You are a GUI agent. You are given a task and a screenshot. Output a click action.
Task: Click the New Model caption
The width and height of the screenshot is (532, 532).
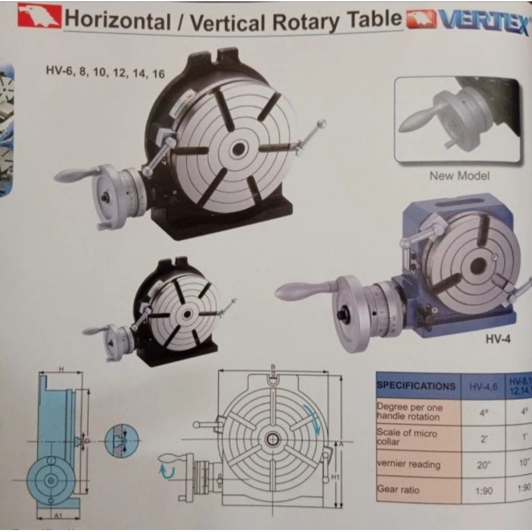coord(459,176)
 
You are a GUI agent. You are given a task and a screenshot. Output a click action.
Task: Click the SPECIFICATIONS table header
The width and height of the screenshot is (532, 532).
coord(417,386)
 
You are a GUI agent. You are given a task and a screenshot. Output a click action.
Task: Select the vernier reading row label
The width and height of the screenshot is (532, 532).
coord(408,463)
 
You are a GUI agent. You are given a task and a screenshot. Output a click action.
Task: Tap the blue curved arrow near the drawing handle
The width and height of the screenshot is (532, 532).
coord(166,471)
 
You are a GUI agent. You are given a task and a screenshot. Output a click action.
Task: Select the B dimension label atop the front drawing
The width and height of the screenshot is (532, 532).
coord(273,366)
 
